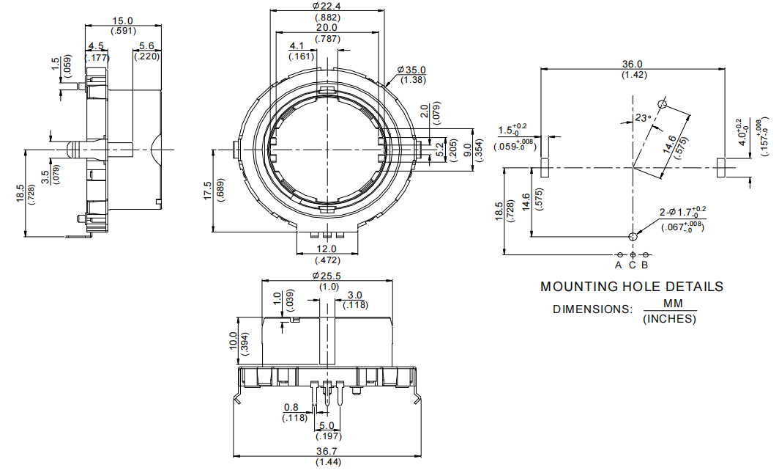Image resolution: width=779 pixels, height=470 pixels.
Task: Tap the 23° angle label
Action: pos(642,117)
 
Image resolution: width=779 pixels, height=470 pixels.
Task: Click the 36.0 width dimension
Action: pos(632,65)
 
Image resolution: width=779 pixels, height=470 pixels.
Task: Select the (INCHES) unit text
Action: pos(669,319)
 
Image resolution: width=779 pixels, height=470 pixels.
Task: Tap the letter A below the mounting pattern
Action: pos(619,265)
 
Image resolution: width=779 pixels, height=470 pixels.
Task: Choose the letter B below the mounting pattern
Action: pos(645,265)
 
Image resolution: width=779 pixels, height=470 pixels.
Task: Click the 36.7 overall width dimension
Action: pos(327,452)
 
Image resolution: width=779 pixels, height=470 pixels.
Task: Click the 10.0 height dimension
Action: pos(233,340)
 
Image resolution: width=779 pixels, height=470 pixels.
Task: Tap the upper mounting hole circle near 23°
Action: pos(661,104)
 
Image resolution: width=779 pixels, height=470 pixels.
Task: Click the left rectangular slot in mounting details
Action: pos(545,167)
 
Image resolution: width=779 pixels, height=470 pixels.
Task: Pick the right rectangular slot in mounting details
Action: pos(720,167)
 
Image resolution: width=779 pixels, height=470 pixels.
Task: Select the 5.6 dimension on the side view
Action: pos(146,45)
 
